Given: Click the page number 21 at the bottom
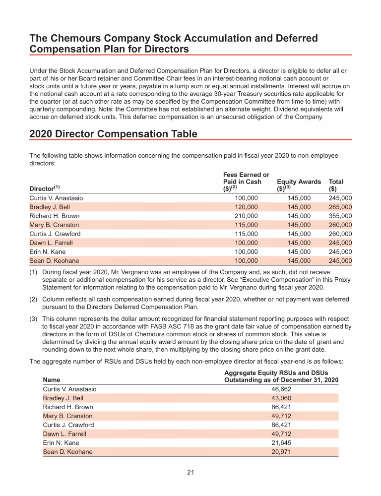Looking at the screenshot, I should click(x=190, y=472).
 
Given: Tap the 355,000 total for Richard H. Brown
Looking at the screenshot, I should click(x=340, y=216).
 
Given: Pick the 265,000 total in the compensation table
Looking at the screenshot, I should click(x=340, y=207).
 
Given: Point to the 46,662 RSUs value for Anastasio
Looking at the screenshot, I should click(x=281, y=389).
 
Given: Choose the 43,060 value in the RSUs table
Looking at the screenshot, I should click(x=281, y=398).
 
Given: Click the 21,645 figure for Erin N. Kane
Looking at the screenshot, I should click(x=281, y=442).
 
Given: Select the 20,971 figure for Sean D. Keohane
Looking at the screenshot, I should click(x=281, y=452).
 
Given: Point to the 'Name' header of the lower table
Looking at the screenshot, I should click(x=52, y=379).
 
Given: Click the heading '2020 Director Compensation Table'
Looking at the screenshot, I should click(x=113, y=134).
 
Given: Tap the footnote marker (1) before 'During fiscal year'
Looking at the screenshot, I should click(x=34, y=272).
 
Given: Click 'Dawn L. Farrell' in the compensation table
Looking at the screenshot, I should click(x=51, y=243).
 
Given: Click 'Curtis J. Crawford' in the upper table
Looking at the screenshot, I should click(x=55, y=234).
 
